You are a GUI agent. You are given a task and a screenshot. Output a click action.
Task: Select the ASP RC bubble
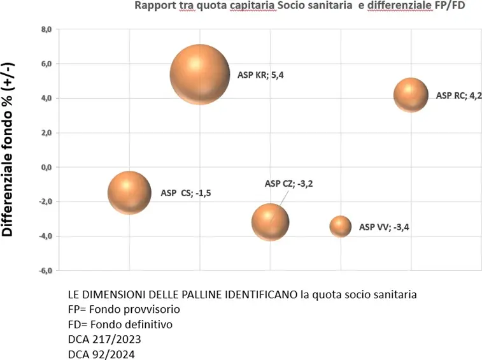[411, 95]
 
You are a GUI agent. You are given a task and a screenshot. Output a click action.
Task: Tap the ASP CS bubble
[129, 192]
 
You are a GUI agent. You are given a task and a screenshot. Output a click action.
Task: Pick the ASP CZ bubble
[271, 222]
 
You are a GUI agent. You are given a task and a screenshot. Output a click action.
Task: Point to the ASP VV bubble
[341, 226]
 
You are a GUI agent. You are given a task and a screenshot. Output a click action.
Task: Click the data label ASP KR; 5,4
[260, 75]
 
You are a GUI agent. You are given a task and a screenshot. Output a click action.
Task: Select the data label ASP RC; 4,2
[458, 96]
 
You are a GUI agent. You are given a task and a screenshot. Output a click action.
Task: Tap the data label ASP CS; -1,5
[185, 193]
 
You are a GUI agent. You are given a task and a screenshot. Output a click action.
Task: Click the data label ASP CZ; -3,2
[288, 184]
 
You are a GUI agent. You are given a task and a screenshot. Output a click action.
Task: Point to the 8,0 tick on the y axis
[45, 29]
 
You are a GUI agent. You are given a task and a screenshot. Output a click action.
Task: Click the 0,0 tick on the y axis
[45, 167]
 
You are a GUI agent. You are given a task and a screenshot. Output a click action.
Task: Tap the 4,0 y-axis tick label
[45, 98]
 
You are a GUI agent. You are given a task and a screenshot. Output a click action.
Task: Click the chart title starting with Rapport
[297, 6]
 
